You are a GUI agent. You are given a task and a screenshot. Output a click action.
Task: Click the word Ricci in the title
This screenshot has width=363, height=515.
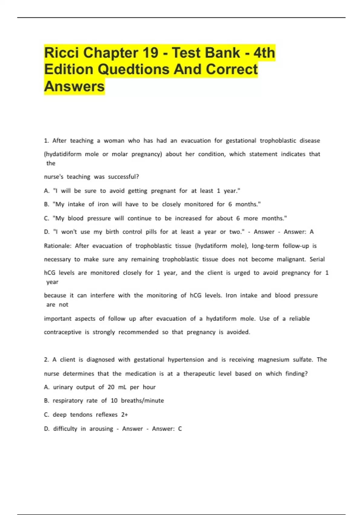[x=61, y=53]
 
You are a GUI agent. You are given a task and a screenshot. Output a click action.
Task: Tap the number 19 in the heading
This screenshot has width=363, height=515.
[x=150, y=53]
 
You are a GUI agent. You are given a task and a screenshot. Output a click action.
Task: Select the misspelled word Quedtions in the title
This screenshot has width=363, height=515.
[x=134, y=69]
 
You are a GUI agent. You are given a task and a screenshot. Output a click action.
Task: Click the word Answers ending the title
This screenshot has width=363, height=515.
[x=74, y=86]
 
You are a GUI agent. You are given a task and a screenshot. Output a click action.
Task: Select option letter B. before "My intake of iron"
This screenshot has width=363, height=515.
[x=47, y=204]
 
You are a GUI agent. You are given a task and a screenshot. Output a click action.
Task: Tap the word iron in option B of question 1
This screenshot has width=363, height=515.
[x=103, y=204]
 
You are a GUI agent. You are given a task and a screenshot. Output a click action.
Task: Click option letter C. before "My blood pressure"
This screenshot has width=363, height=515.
[x=47, y=218]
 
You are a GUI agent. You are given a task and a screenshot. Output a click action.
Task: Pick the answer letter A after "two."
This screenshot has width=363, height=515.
[x=312, y=232]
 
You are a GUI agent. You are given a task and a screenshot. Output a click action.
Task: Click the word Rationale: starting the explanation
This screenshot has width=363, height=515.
[x=57, y=246]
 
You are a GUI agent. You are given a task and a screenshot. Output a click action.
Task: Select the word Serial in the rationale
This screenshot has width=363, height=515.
[x=317, y=259]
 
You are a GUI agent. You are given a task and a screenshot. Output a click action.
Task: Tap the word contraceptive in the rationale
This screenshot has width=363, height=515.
[x=63, y=332]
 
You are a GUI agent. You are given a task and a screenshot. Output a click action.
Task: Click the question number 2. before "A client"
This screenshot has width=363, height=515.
[x=46, y=360]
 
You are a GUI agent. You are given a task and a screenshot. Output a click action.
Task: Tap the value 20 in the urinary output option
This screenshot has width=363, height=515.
[x=111, y=387]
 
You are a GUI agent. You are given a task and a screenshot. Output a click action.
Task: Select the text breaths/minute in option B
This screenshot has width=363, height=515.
[x=142, y=400]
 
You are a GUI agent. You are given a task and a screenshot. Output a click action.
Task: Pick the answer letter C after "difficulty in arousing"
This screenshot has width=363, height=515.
[x=180, y=429]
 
